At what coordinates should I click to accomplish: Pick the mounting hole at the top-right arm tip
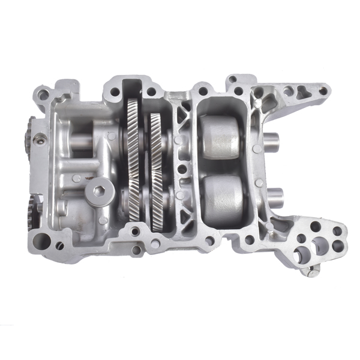323,91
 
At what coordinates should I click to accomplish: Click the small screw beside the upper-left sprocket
40,139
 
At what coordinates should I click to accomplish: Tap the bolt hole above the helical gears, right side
151,92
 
